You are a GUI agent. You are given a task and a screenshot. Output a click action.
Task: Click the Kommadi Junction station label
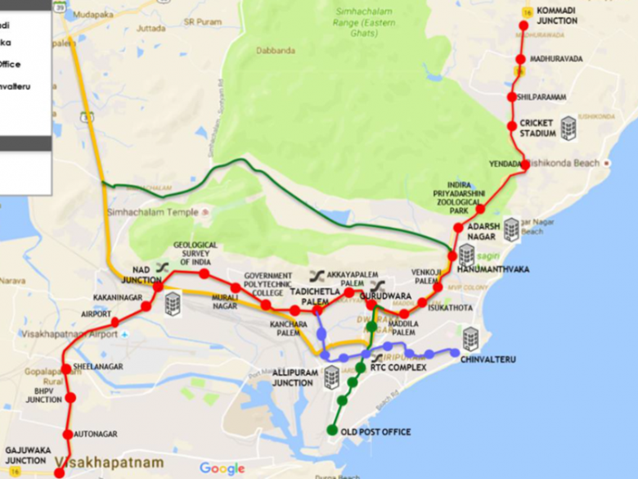559,15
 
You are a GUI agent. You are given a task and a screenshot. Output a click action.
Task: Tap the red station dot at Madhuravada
519,59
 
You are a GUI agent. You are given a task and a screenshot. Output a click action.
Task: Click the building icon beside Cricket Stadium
568,128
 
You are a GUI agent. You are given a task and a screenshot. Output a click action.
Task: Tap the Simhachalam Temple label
151,213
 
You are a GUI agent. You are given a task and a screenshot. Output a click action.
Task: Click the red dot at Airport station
115,322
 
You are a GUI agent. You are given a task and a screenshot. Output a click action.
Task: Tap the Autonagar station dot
67,433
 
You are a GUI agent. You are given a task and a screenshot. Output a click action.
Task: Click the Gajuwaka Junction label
25,455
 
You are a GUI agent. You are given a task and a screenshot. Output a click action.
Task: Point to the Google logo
222,468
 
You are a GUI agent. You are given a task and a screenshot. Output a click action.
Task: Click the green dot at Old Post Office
332,430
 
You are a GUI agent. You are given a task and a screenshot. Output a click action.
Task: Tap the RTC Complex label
398,368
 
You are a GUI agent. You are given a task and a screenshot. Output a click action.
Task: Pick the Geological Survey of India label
195,253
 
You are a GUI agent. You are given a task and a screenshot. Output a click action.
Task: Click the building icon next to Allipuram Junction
331,377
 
